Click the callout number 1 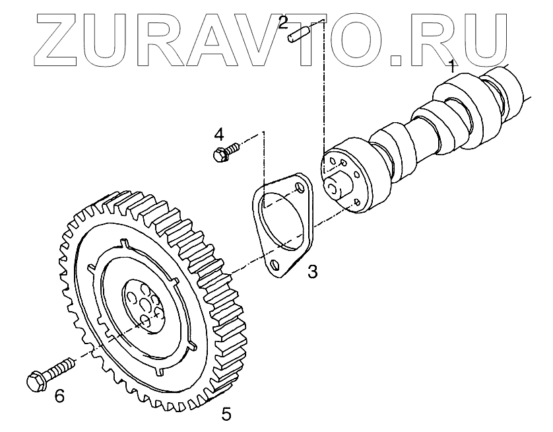point(452,66)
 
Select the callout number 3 point(312,271)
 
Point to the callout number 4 point(218,134)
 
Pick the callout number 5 point(226,414)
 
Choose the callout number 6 point(59,396)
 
